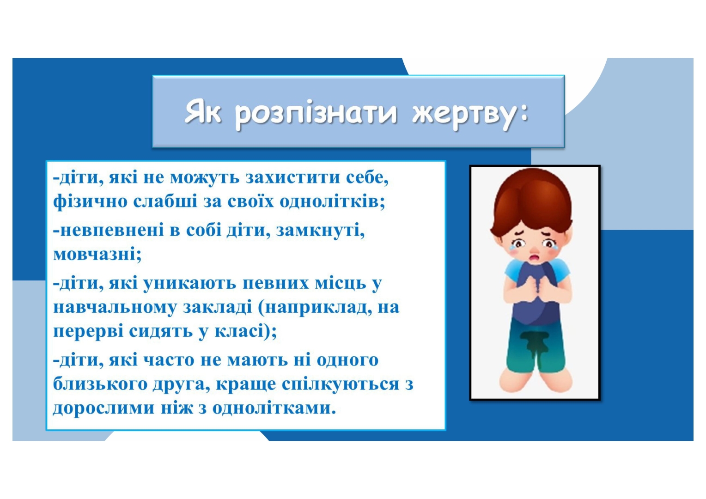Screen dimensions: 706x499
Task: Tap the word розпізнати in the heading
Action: point(316,115)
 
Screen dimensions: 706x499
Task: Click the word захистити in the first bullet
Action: point(293,178)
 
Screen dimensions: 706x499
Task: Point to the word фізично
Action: point(90,202)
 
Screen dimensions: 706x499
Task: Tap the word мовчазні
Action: point(97,254)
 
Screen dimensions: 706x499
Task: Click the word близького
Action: point(100,384)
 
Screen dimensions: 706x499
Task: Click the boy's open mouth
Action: point(535,258)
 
